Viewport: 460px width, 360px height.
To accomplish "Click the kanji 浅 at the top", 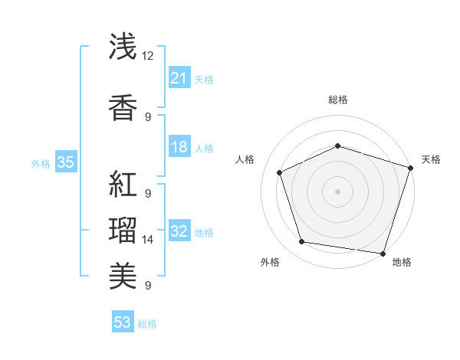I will tap(123, 47).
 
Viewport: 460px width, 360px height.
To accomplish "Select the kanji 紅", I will tap(123, 185).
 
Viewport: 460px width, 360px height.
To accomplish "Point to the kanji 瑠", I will tap(123, 230).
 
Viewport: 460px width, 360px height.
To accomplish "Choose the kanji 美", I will tap(123, 274).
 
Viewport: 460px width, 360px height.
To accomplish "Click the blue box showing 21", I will tap(179, 77).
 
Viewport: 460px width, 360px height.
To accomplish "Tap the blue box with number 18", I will tap(179, 147).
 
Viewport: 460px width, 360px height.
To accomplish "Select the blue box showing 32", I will tap(179, 231).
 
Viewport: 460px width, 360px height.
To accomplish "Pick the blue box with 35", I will tap(65, 162).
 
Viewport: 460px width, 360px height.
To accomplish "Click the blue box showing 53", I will tap(123, 322).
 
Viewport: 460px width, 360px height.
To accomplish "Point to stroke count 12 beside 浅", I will tap(148, 56).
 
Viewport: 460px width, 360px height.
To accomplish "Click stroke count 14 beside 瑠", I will tap(148, 240).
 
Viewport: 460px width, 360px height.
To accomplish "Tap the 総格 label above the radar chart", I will tap(338, 100).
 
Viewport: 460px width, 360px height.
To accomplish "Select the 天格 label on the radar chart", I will tap(431, 159).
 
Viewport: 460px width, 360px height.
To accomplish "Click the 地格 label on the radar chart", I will tap(402, 262).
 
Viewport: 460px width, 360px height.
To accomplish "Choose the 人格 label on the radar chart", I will tap(245, 159).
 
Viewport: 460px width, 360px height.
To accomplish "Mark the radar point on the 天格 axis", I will tap(410, 168).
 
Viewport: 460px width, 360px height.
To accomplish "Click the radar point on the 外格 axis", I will tap(302, 242).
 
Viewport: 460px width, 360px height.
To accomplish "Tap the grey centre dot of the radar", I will tap(338, 191).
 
